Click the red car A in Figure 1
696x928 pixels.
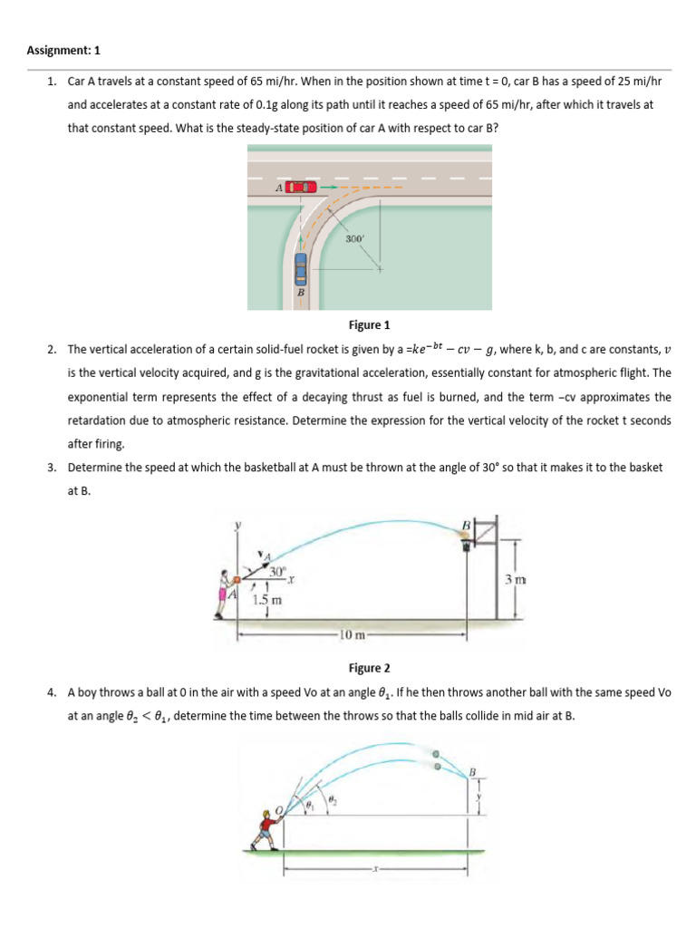click(302, 187)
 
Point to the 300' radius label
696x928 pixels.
click(354, 238)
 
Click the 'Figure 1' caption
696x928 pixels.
click(369, 324)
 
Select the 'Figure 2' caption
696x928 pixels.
click(369, 668)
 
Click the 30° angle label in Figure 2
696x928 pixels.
click(276, 571)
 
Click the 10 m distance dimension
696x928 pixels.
click(351, 633)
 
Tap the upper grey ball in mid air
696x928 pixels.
click(437, 752)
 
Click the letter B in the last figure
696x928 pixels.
click(471, 771)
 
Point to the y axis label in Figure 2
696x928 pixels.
click(240, 525)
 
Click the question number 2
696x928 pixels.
click(52, 349)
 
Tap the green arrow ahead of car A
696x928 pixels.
click(330, 187)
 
